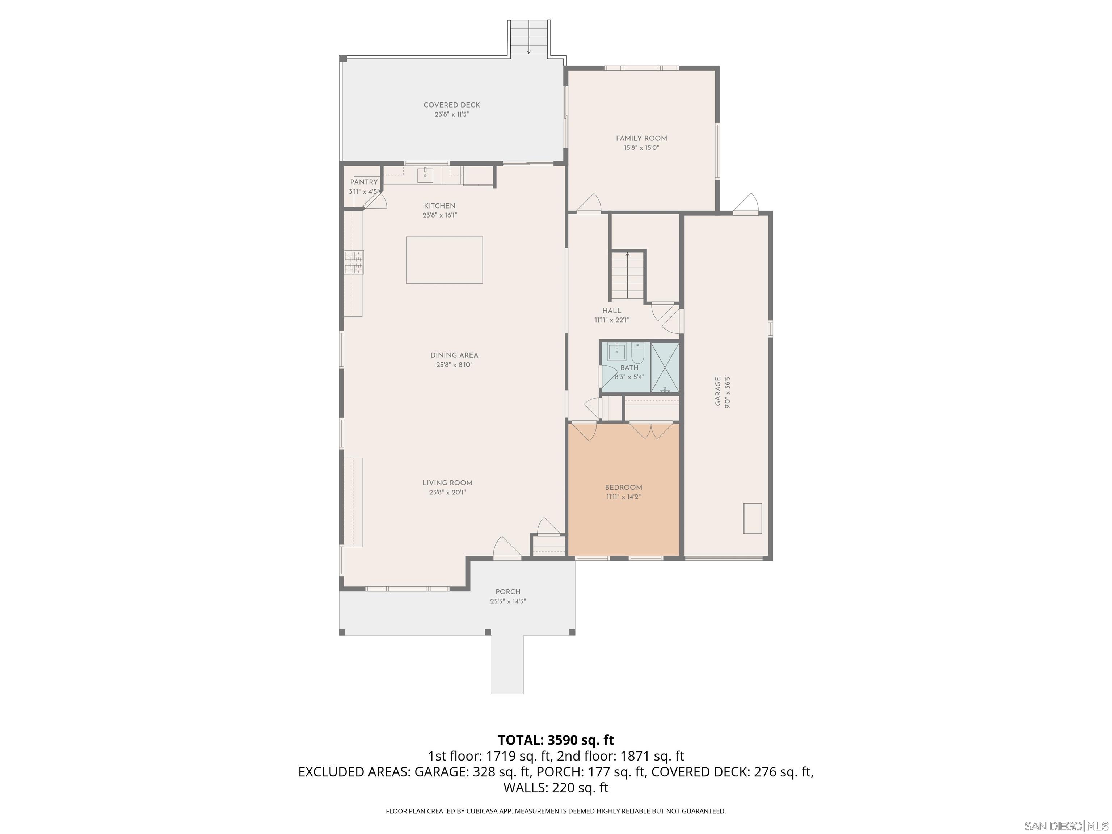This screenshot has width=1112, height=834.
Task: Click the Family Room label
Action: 641,138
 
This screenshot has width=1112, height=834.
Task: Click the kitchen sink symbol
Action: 425,175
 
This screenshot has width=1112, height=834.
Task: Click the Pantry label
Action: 363,182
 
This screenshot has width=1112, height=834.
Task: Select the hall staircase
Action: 627,275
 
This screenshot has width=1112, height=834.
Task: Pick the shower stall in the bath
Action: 665,367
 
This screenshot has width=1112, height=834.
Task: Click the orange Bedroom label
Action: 623,487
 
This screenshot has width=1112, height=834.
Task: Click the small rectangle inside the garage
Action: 752,518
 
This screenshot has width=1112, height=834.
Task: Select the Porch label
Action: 508,592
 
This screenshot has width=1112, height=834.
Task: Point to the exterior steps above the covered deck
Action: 529,38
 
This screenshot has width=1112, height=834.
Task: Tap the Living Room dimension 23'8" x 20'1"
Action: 447,493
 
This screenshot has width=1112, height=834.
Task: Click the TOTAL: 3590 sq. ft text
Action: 556,740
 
